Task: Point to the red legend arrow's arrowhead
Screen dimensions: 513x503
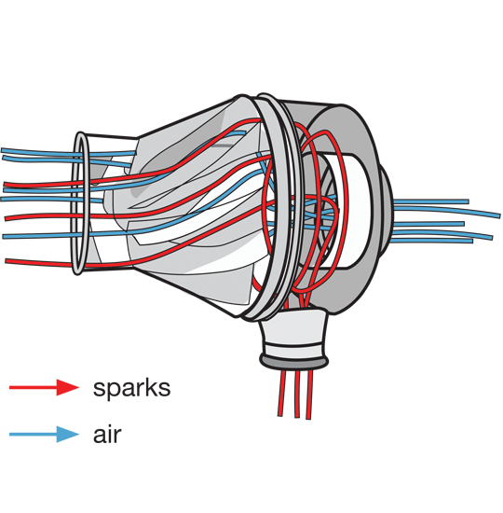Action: pos(68,387)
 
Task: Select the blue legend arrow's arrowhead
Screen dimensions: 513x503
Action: pos(68,434)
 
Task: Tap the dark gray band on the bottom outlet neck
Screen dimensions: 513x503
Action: pos(293,358)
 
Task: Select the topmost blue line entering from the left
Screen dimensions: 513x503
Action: pos(37,150)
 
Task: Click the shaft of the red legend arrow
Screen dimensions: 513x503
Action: pos(33,387)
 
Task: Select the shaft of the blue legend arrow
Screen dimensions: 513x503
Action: pos(33,434)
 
